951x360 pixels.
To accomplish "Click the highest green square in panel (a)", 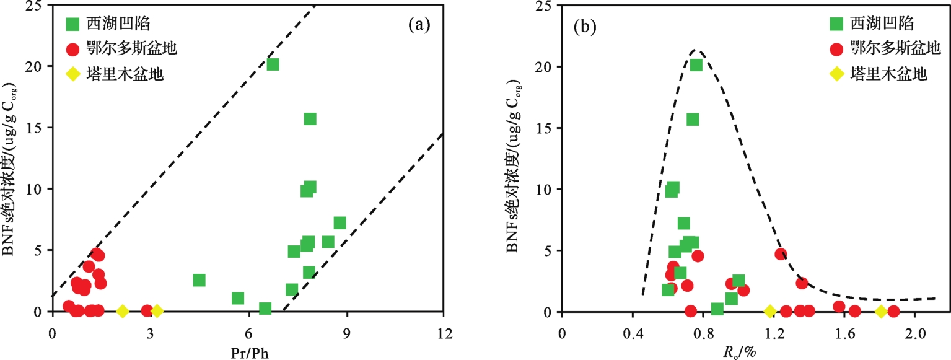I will tap(273, 64).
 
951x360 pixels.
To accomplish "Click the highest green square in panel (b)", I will tap(696, 65).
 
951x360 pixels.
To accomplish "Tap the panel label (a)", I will tap(419, 25).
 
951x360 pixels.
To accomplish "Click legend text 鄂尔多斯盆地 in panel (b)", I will tap(888, 49).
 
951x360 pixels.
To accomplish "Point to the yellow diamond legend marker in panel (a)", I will tap(73, 74).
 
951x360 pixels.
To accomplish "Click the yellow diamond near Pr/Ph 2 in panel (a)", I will tap(123, 311).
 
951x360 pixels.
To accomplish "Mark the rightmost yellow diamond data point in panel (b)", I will tap(880, 311).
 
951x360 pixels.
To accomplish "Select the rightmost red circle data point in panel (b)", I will tap(893, 311).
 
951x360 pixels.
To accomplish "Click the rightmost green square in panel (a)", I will tap(340, 223).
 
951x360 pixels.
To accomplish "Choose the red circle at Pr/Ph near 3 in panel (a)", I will tap(147, 310).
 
